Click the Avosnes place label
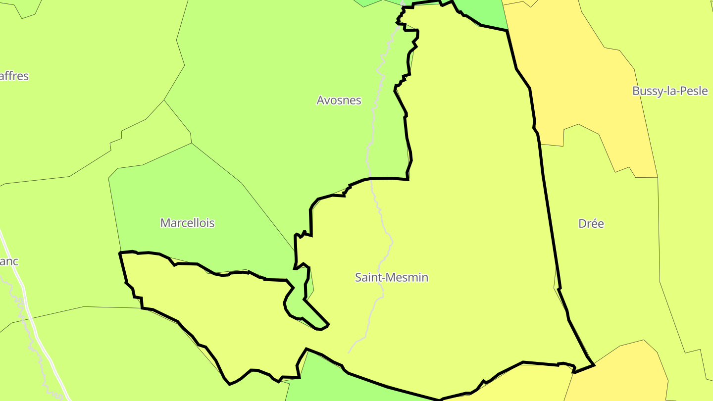pyautogui.click(x=339, y=100)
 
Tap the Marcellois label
pyautogui.click(x=187, y=223)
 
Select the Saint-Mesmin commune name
pyautogui.click(x=391, y=277)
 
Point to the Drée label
pyautogui.click(x=591, y=224)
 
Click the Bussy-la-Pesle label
pyautogui.click(x=670, y=91)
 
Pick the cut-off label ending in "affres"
pyautogui.click(x=14, y=76)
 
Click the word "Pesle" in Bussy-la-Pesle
pyautogui.click(x=694, y=91)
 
